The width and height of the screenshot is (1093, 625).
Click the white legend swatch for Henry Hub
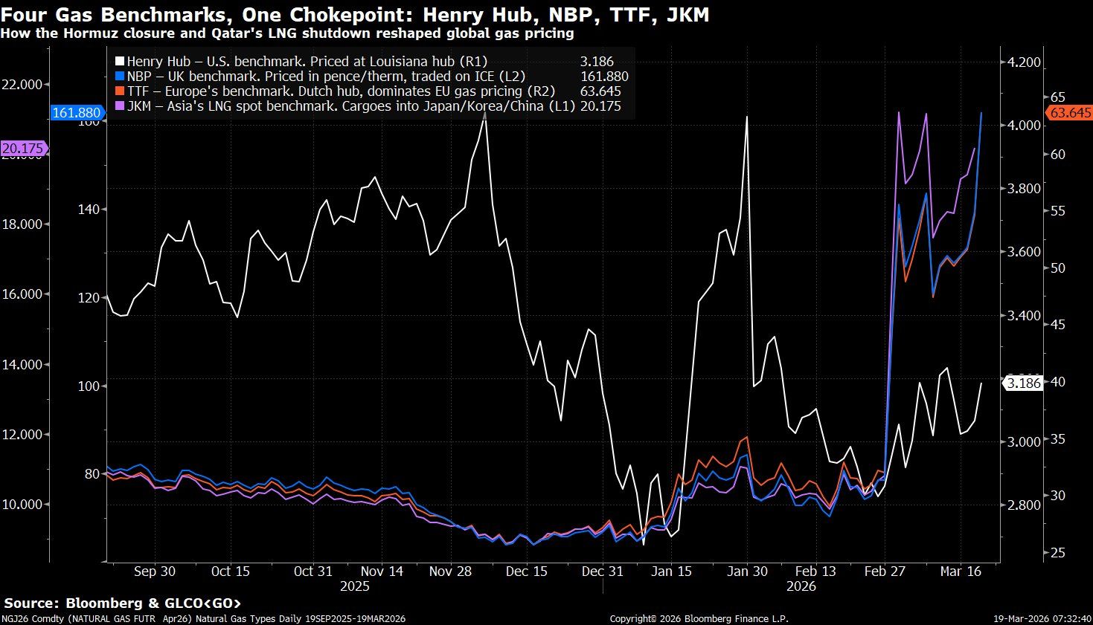pyautogui.click(x=119, y=62)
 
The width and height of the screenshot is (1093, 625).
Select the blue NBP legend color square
pyautogui.click(x=119, y=77)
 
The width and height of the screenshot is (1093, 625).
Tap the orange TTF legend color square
pyautogui.click(x=119, y=91)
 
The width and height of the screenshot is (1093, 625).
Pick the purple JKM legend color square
pyautogui.click(x=119, y=106)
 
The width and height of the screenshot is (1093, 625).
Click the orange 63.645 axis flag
pyautogui.click(x=1070, y=113)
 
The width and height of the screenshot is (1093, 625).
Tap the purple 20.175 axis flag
pyautogui.click(x=23, y=149)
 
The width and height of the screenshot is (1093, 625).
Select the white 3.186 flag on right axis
pyautogui.click(x=1024, y=383)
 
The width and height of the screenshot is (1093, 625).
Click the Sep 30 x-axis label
pyautogui.click(x=155, y=571)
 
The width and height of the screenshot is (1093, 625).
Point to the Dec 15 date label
pyautogui.click(x=527, y=571)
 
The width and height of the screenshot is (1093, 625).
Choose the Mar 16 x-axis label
pyautogui.click(x=961, y=571)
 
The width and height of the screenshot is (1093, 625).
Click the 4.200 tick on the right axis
pyautogui.click(x=1024, y=62)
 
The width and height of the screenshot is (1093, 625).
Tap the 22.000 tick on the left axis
pyautogui.click(x=22, y=85)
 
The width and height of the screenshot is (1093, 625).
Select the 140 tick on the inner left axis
pyautogui.click(x=89, y=210)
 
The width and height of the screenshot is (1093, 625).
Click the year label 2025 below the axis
pyautogui.click(x=355, y=586)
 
